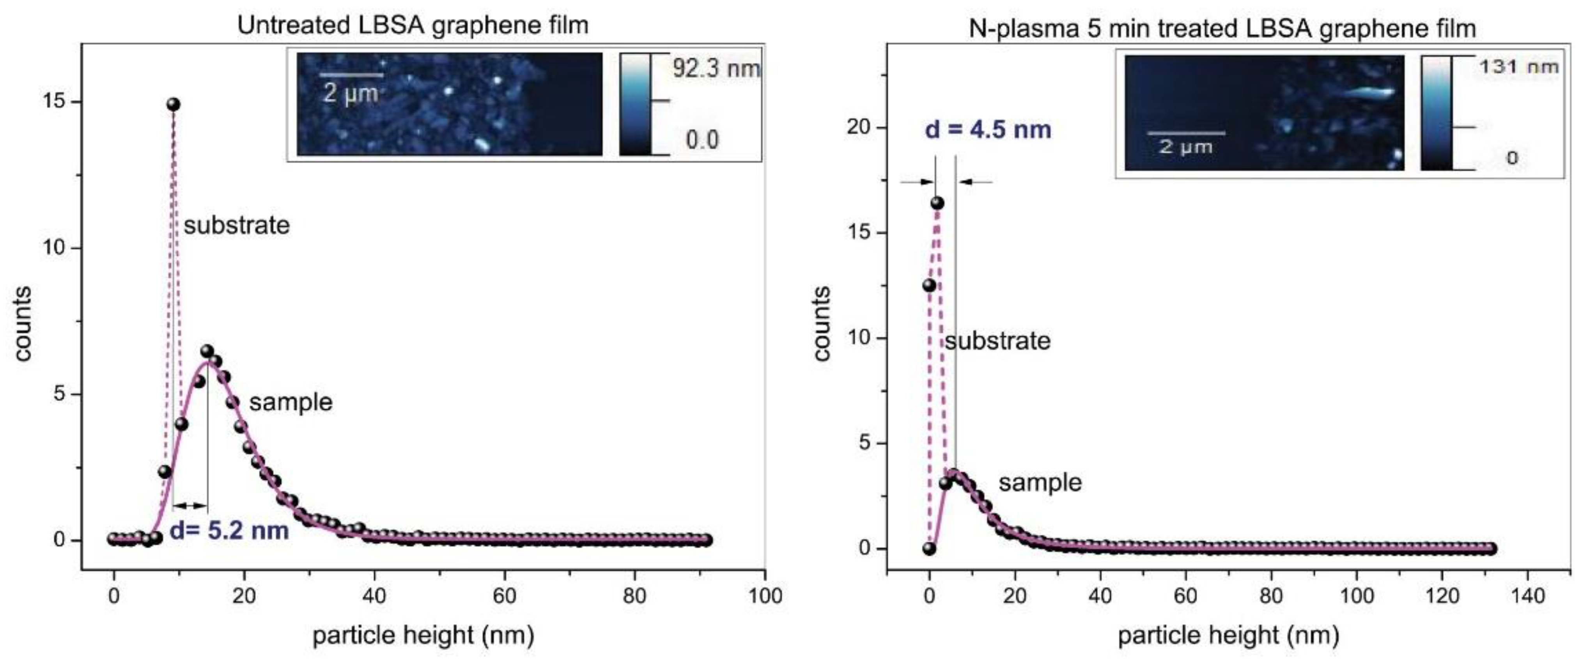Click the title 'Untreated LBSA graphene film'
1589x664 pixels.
click(413, 25)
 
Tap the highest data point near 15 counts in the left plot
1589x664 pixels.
click(174, 104)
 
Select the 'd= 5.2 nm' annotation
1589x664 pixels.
click(229, 531)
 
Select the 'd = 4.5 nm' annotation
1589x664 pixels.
click(988, 130)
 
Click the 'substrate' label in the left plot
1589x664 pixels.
click(236, 225)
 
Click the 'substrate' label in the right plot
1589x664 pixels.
click(997, 341)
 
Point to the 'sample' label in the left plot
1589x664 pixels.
click(291, 402)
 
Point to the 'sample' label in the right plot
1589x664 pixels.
click(1040, 482)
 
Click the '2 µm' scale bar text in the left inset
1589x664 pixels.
click(350, 94)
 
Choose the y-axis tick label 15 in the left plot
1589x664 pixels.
click(55, 101)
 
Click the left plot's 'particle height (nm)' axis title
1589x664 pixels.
click(423, 635)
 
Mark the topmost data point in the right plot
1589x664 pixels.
click(937, 203)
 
